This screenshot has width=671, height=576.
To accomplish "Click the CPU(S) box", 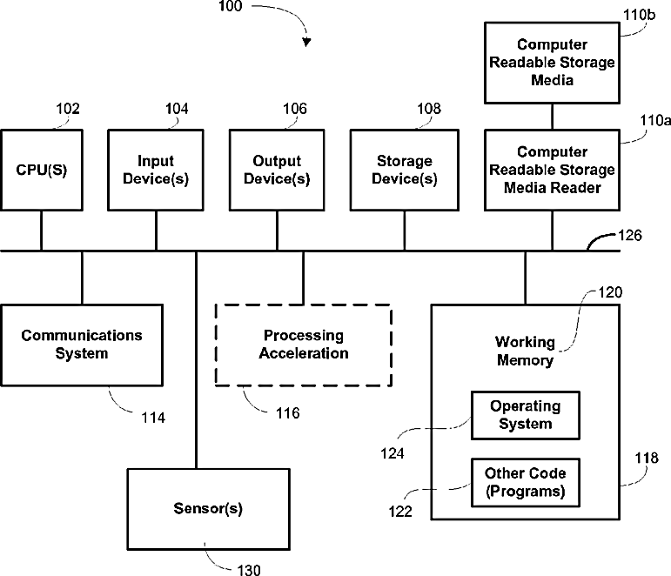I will (41, 170).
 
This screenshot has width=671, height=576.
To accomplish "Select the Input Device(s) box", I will (156, 170).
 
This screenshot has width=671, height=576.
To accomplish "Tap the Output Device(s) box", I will (277, 170).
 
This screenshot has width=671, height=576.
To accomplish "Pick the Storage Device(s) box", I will (404, 170).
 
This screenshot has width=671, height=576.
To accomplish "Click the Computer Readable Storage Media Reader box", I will (552, 170).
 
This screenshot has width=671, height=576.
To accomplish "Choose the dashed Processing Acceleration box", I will (303, 345).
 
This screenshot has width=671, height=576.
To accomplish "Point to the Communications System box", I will (82, 345).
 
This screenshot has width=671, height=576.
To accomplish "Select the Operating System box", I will (526, 415).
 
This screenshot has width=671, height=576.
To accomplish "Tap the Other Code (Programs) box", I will (526, 482).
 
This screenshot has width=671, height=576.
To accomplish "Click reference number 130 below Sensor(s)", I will (248, 570).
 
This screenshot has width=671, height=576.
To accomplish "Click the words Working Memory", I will (524, 351).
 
